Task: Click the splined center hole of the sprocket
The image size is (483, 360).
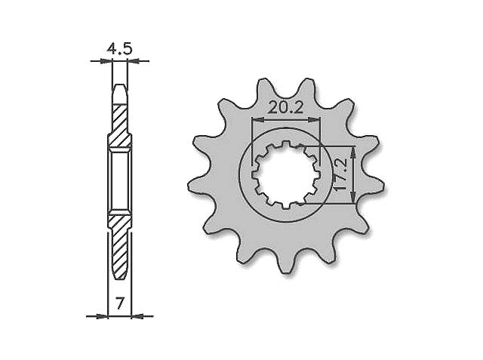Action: pos(285,174)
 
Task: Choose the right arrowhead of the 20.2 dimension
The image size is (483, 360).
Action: pos(317,118)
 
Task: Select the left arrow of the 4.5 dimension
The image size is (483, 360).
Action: pos(106,61)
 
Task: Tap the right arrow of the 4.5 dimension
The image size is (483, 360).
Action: pos(134,61)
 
